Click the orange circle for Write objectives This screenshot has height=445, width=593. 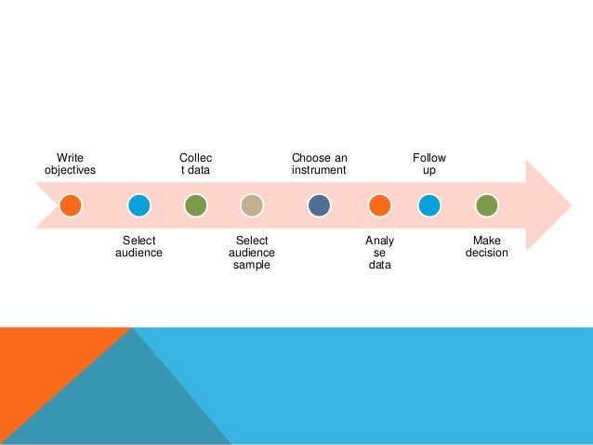click(71, 204)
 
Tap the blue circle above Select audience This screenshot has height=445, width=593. click(138, 204)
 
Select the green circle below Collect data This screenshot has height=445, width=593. click(195, 204)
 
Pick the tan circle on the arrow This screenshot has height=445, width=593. click(251, 204)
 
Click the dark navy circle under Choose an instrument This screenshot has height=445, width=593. click(319, 204)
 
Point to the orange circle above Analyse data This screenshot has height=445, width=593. click(379, 204)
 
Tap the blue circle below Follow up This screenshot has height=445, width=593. click(428, 204)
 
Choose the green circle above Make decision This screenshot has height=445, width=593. click(486, 204)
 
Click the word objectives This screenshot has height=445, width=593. click(70, 171)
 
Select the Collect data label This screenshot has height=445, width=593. click(195, 164)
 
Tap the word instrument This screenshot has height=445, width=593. click(319, 171)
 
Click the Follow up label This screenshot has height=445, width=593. click(428, 164)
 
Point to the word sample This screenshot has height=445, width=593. click(251, 266)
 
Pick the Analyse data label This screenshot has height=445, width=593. click(379, 253)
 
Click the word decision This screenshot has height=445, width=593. click(486, 253)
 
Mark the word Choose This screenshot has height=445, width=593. click(307, 158)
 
